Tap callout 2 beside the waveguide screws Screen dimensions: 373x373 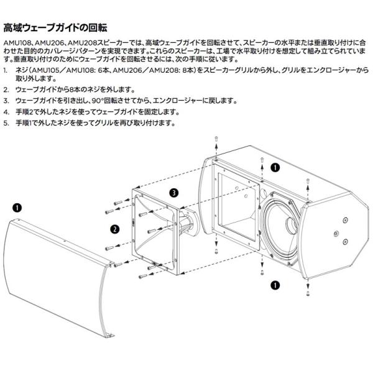[114, 229]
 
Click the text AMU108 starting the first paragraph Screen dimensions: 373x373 [17, 39]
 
